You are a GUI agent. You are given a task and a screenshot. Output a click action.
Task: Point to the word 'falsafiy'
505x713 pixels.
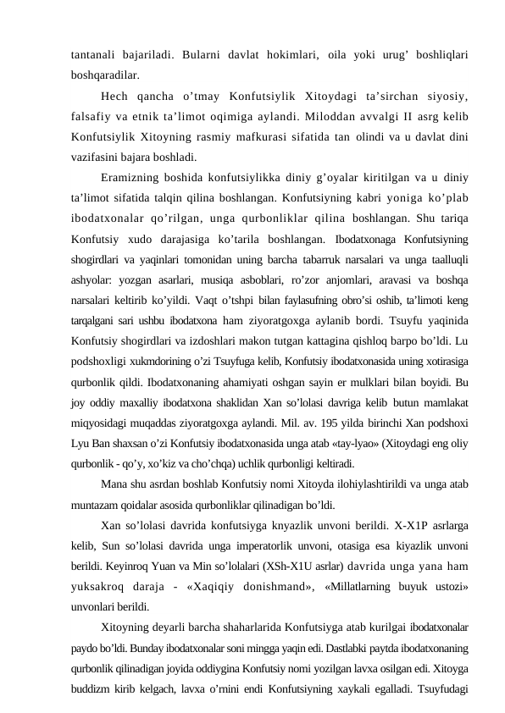pos(94,115)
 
